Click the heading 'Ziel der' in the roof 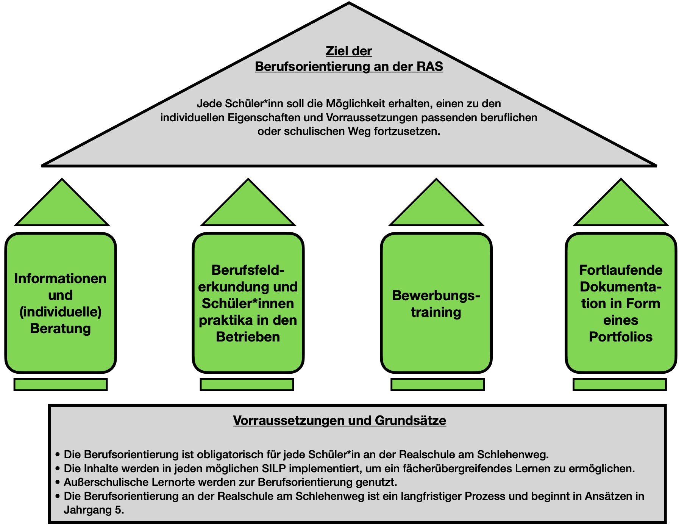coord(349,51)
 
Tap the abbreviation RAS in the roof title coord(429,66)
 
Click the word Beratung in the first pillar coord(61,328)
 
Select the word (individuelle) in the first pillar coord(61,312)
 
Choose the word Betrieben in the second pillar coord(248,337)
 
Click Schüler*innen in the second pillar coord(248,303)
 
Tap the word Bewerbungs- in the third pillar coord(436,295)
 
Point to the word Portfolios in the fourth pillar coord(621,337)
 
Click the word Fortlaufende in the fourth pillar coord(621,270)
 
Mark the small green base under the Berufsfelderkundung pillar coord(247,384)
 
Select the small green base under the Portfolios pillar coord(620,384)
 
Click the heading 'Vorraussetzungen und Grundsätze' coord(340,420)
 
